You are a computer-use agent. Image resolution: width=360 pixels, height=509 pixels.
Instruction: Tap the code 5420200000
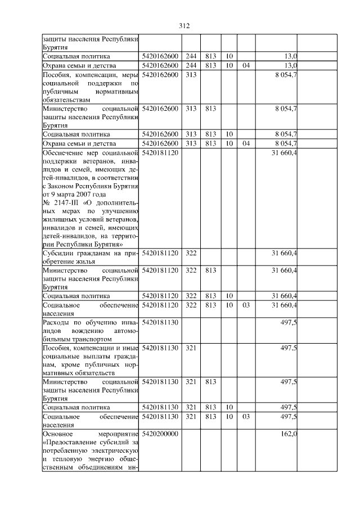coord(160,434)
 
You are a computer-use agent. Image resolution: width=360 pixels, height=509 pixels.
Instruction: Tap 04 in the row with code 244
coord(245,65)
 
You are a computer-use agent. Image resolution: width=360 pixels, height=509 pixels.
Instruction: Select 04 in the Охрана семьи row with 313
coord(245,143)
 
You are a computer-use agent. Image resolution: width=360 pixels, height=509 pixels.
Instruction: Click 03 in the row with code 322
coord(245,305)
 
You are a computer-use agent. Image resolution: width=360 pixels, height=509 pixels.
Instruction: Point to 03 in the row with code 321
coord(245,416)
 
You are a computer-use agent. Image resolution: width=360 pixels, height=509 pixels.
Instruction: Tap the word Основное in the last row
coord(60,434)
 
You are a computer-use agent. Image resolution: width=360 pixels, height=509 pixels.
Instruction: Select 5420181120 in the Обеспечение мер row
coord(160,152)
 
